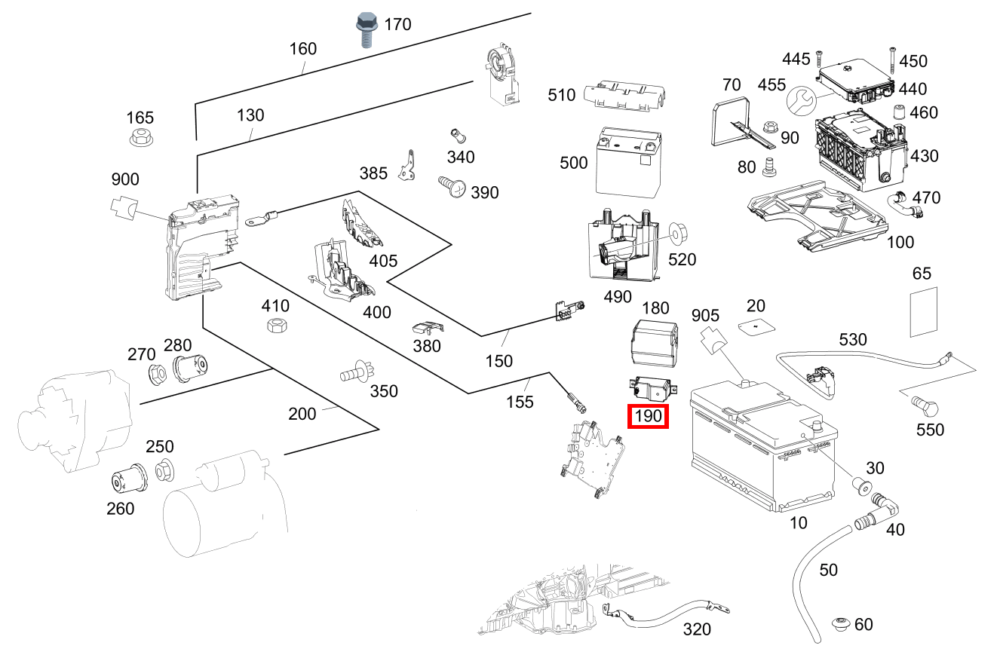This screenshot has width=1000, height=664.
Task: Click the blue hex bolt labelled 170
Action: (x=366, y=29)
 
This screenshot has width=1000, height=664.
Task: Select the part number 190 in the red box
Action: (x=649, y=416)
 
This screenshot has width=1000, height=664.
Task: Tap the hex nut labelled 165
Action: (x=141, y=137)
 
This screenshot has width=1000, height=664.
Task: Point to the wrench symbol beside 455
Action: (x=801, y=101)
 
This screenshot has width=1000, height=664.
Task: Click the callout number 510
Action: (x=562, y=95)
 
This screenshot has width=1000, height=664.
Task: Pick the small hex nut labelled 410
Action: (x=277, y=326)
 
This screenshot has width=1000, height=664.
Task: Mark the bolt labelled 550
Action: (x=925, y=406)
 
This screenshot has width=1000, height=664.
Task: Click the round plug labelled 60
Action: (x=842, y=624)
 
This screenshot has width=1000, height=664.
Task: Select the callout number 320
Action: (x=697, y=629)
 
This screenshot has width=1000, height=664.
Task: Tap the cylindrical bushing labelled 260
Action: (x=128, y=479)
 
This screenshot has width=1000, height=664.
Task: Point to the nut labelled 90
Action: (x=768, y=127)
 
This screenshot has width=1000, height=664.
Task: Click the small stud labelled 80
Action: (x=769, y=167)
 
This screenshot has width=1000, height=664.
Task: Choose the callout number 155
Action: (x=520, y=402)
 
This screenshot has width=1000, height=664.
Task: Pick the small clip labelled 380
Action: (x=428, y=328)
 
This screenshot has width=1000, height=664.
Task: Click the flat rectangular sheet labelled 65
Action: (x=924, y=312)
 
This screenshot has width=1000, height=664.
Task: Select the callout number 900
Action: (x=125, y=179)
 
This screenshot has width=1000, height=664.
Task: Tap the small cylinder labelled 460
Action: (x=899, y=112)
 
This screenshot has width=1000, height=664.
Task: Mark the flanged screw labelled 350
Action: (x=357, y=372)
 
